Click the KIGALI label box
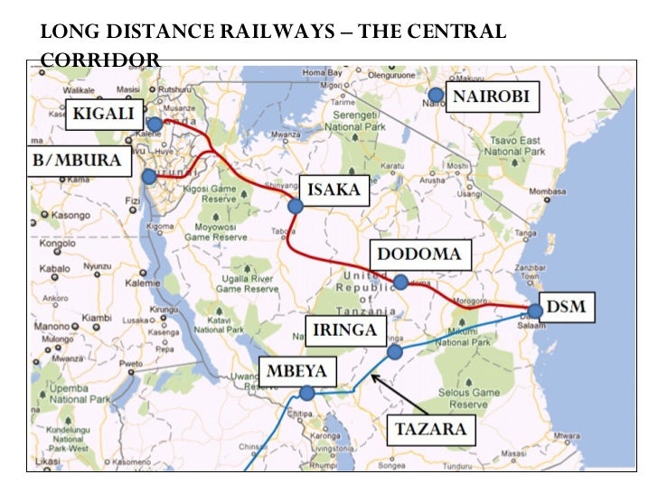(x=105, y=114)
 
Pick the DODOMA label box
(x=418, y=254)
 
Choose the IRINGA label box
(x=343, y=330)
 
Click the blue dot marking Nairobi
(x=436, y=95)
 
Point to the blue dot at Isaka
(x=295, y=207)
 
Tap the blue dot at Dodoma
(x=400, y=282)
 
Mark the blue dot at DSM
(x=535, y=312)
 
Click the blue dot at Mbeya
(x=307, y=393)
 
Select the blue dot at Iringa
(x=394, y=351)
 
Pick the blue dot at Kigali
(x=155, y=125)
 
